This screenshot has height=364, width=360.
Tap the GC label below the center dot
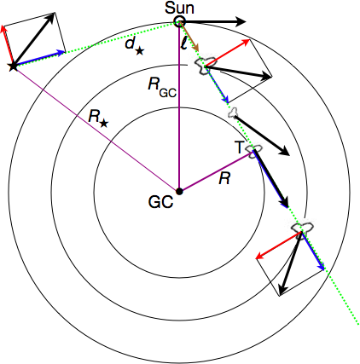point(160,204)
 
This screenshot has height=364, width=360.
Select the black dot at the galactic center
point(179,189)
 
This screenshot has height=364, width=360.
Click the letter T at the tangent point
point(240,147)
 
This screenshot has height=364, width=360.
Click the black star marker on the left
point(12,66)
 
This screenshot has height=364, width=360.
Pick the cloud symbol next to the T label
point(253,151)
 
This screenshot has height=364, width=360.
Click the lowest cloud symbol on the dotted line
point(304,228)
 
